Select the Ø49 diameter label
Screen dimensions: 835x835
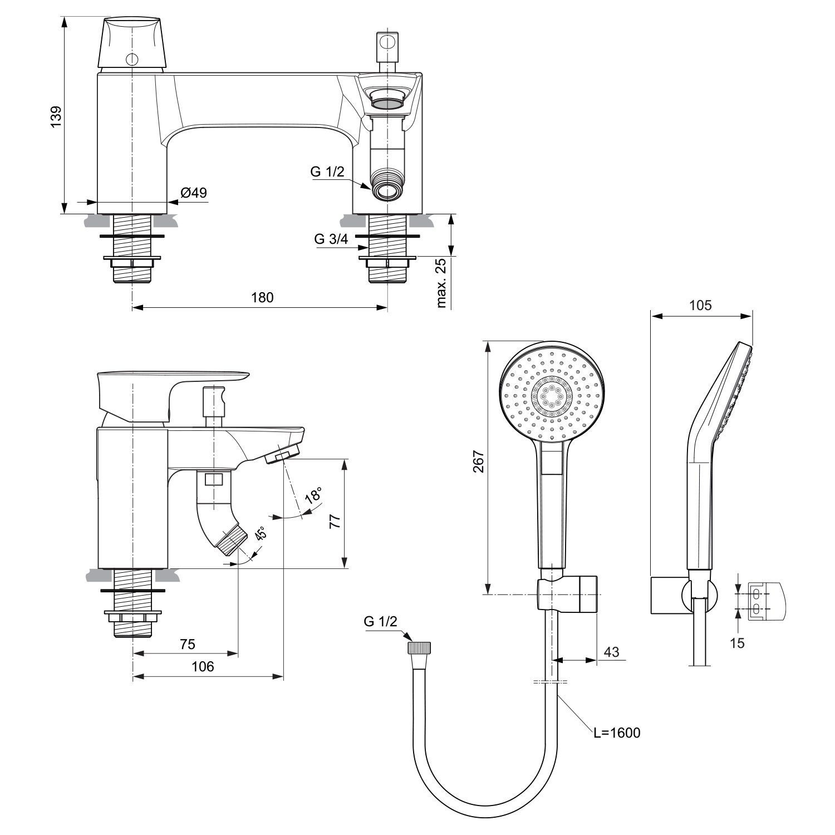(x=193, y=193)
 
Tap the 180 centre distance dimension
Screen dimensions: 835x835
(x=262, y=297)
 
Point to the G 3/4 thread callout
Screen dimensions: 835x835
(x=331, y=239)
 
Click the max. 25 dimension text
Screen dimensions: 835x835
(x=443, y=283)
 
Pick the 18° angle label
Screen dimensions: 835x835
(x=313, y=495)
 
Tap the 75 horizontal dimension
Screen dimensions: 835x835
(x=188, y=644)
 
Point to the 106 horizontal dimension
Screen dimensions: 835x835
(x=203, y=666)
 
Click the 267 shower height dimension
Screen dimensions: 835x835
(x=478, y=461)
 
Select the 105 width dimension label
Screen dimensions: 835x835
(x=700, y=305)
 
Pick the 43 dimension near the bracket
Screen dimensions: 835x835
(x=611, y=652)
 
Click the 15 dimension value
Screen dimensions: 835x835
(x=737, y=643)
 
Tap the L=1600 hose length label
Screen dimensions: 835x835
(x=617, y=733)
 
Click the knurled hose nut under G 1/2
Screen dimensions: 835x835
(x=420, y=648)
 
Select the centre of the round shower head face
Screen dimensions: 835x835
(x=551, y=396)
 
